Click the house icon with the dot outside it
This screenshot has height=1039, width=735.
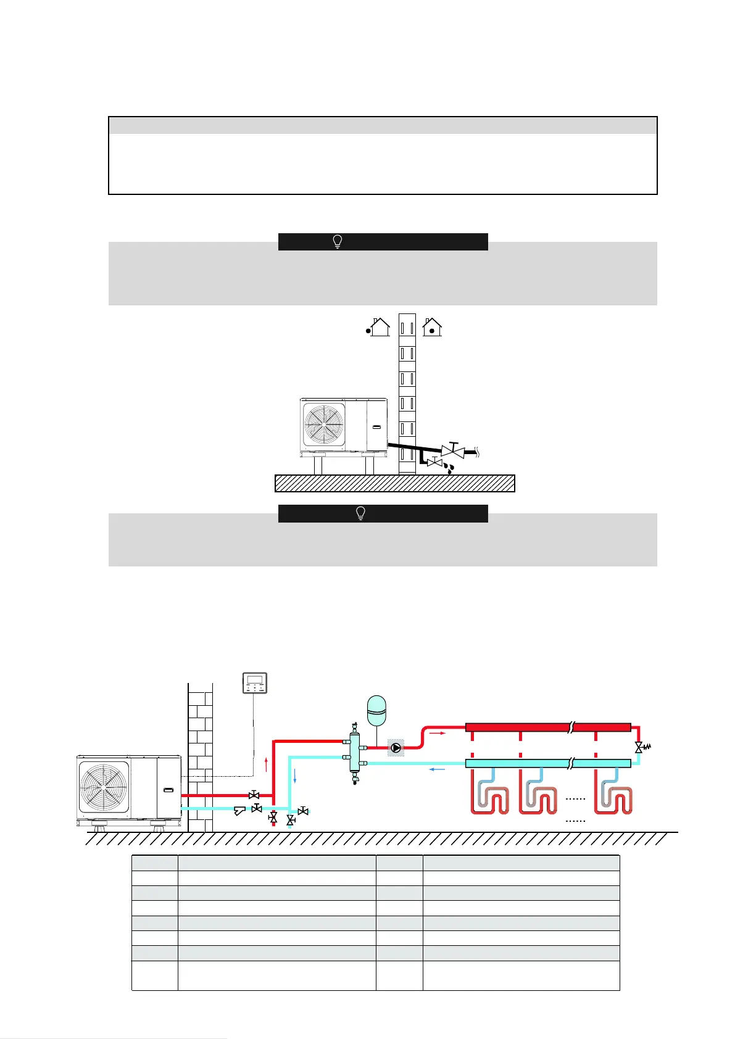[x=378, y=326]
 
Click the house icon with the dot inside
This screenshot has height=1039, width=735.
[x=432, y=326]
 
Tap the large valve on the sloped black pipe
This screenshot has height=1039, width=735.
[x=453, y=450]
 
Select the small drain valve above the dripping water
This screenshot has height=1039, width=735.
[x=434, y=462]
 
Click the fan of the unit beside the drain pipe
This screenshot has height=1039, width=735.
[x=324, y=425]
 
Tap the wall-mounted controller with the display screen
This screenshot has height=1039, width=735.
[x=255, y=683]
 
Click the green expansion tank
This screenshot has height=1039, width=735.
[x=376, y=710]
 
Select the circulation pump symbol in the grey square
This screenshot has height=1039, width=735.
[x=396, y=748]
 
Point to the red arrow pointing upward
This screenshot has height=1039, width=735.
[x=266, y=764]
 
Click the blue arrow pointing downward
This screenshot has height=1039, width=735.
[x=295, y=776]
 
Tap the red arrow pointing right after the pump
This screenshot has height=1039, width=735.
[x=437, y=734]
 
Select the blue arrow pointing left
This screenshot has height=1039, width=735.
[x=438, y=769]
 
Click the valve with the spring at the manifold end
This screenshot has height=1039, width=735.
[x=640, y=747]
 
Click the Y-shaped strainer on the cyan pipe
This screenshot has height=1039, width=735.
[x=240, y=810]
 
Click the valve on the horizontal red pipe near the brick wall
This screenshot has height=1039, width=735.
[x=253, y=795]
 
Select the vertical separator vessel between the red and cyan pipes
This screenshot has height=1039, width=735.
[x=355, y=753]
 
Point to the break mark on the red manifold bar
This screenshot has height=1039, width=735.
[x=571, y=727]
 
